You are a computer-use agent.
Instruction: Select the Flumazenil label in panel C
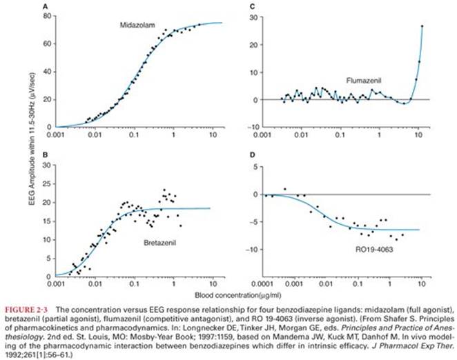364,81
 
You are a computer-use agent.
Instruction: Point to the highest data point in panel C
422,26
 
